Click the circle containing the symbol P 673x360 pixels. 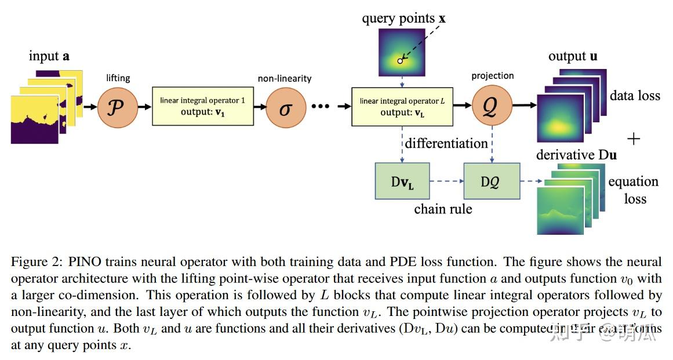[118, 107]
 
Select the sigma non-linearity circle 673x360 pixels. [286, 108]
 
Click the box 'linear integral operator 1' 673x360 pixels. [202, 106]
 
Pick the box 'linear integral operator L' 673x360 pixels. [402, 106]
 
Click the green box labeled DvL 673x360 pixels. [402, 181]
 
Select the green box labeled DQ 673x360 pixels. [492, 181]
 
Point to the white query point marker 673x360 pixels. [400, 60]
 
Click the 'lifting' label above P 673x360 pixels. [118, 78]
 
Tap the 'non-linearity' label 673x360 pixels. [285, 78]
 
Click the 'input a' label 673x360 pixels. [49, 56]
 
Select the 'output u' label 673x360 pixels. [573, 56]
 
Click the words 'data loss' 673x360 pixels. [635, 96]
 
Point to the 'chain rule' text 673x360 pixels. [443, 209]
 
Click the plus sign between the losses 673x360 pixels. [634, 139]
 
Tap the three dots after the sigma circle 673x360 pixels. [321, 107]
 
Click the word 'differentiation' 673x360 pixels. [446, 143]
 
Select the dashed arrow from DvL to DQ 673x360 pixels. [446, 181]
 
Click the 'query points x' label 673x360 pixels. [403, 19]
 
